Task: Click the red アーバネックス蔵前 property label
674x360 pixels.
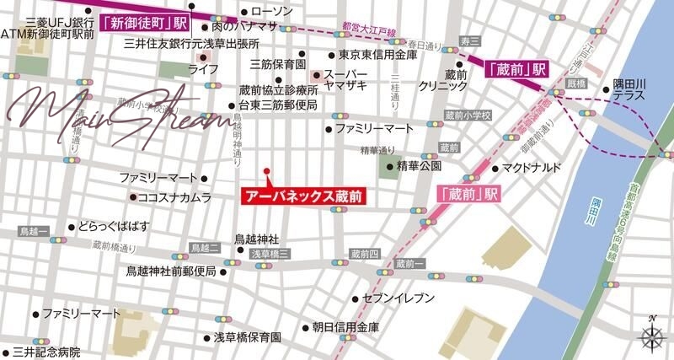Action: [x=304, y=196]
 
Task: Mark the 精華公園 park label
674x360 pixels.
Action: [x=415, y=166]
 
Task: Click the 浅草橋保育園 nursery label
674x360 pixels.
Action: [x=246, y=336]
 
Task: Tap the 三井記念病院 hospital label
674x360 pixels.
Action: [x=46, y=351]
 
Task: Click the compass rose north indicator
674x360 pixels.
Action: [x=652, y=336]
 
